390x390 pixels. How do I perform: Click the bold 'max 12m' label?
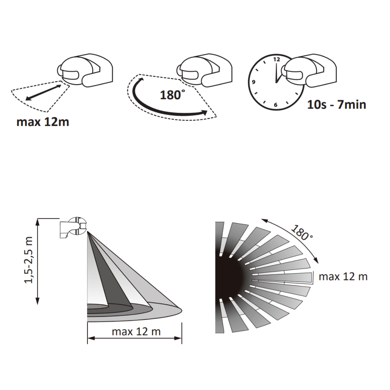[43, 122]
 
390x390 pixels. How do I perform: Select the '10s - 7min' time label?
[337, 105]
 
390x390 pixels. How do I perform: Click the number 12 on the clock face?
[276, 59]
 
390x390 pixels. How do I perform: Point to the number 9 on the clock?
[253, 82]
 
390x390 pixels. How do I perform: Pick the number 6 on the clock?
[276, 105]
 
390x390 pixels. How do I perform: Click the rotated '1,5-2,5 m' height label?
[29, 260]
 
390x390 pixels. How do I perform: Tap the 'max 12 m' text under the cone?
[136, 331]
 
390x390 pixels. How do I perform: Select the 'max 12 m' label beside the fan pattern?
[343, 277]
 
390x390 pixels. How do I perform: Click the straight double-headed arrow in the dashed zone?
[44, 92]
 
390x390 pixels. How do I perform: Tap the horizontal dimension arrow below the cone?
[134, 338]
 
